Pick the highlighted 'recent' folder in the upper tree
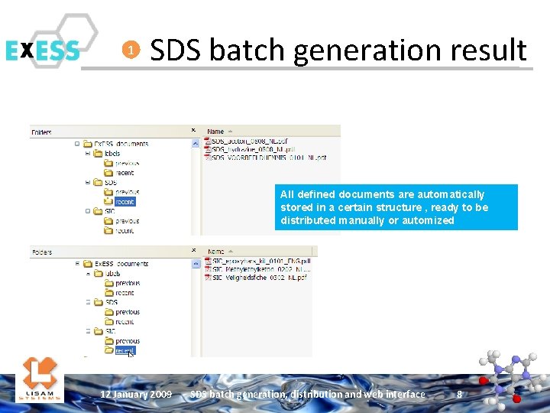pos(125,202)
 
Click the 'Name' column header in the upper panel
pos(216,132)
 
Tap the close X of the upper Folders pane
pos(192,131)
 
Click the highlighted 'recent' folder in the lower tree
pos(124,350)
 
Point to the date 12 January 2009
pos(136,395)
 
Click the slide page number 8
pos(459,395)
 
